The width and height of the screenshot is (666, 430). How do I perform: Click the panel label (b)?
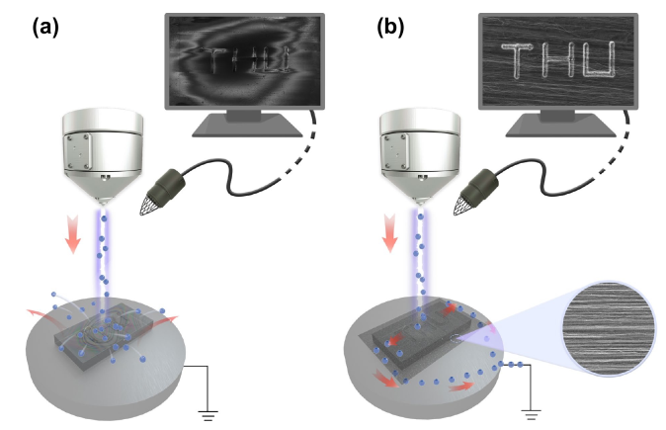[390, 28]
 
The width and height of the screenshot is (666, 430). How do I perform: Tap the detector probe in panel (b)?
[480, 189]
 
